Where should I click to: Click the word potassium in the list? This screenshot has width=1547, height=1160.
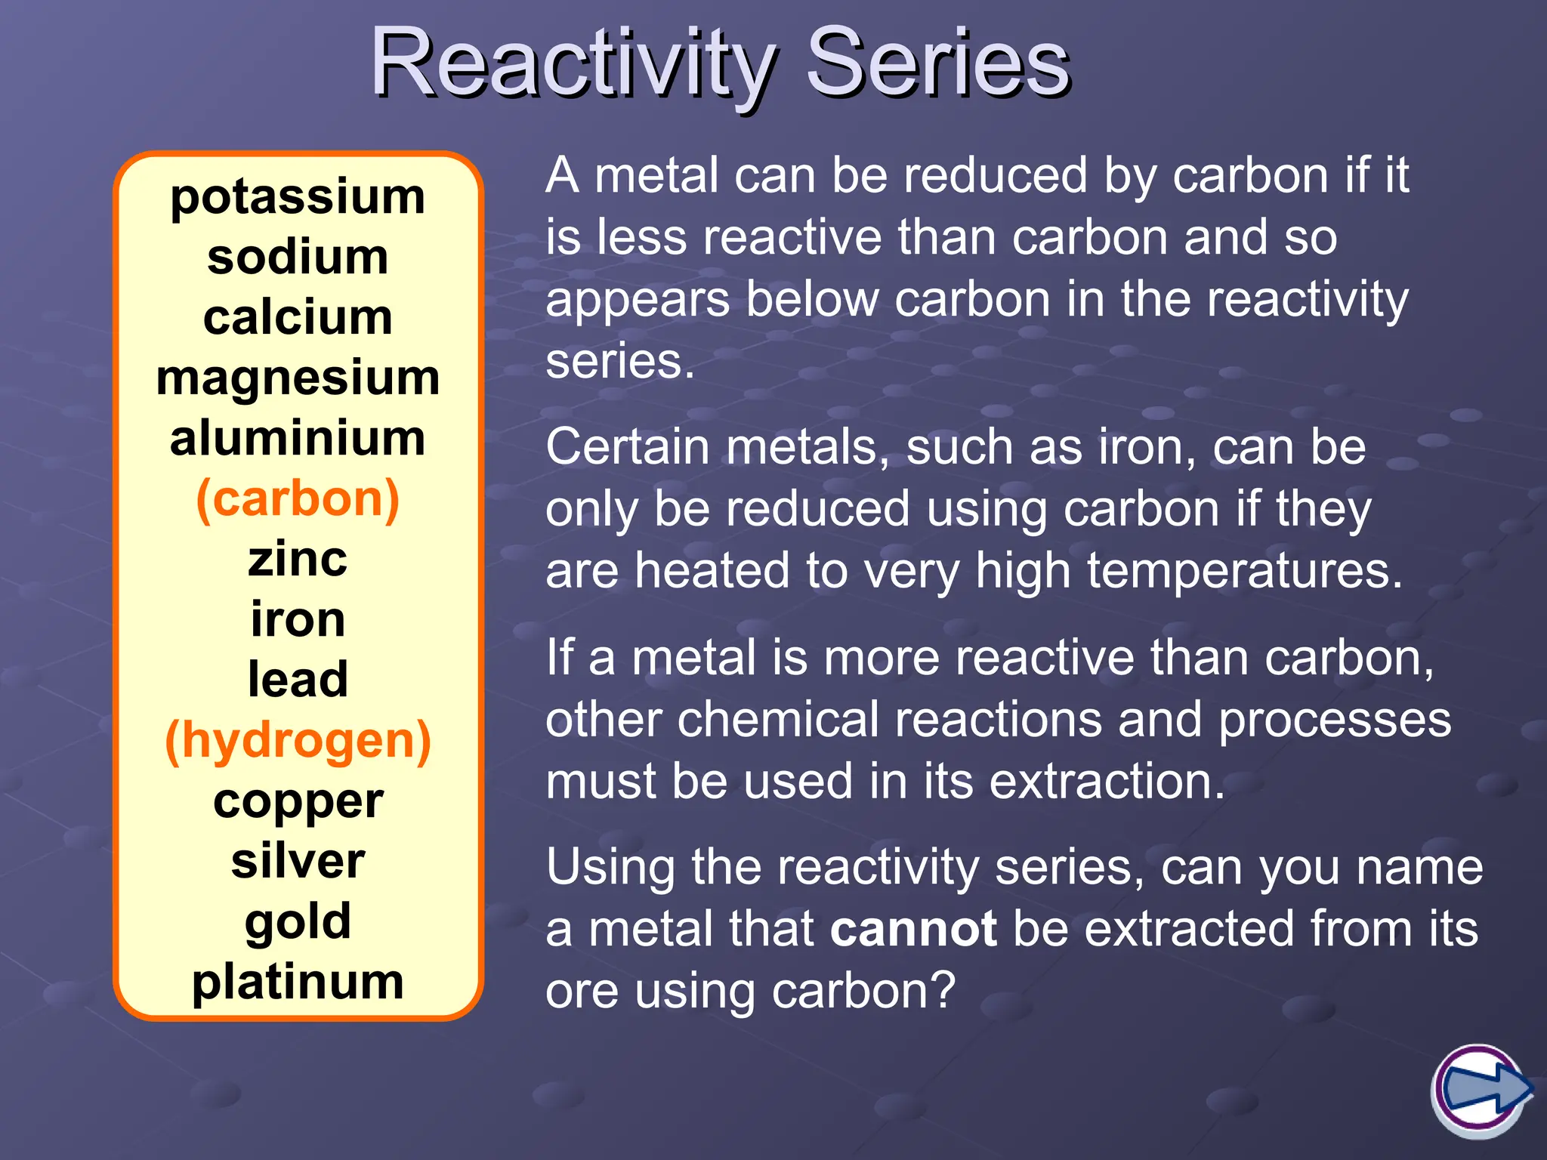pyautogui.click(x=298, y=198)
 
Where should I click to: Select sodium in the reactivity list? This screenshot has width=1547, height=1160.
pyautogui.click(x=298, y=258)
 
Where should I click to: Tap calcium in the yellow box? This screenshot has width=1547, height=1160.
pyautogui.click(x=298, y=318)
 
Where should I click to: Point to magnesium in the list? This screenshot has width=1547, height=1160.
pyautogui.click(x=298, y=378)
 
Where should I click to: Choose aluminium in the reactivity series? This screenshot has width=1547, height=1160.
pyautogui.click(x=298, y=439)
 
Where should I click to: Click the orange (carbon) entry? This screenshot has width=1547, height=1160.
pyautogui.click(x=298, y=499)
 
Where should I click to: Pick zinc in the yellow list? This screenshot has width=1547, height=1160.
pyautogui.click(x=298, y=560)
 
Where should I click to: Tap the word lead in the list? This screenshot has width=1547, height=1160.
pyautogui.click(x=298, y=680)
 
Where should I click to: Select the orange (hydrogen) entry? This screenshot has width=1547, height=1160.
pyautogui.click(x=298, y=740)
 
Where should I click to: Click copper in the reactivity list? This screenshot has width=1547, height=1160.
pyautogui.click(x=298, y=802)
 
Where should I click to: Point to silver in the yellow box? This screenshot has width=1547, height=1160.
pyautogui.click(x=298, y=861)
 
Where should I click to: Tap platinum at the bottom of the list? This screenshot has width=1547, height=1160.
pyautogui.click(x=298, y=982)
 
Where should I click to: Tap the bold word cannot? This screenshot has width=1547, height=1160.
pyautogui.click(x=912, y=929)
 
